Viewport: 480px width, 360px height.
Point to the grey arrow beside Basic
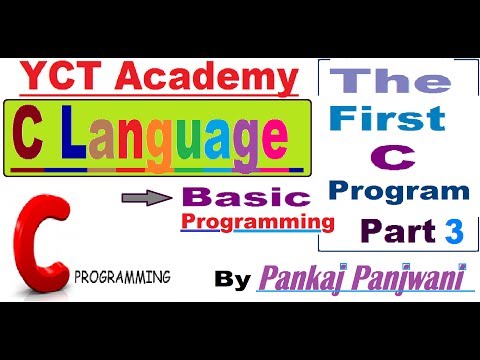coord(152,198)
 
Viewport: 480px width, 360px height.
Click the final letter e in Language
coord(283,136)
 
